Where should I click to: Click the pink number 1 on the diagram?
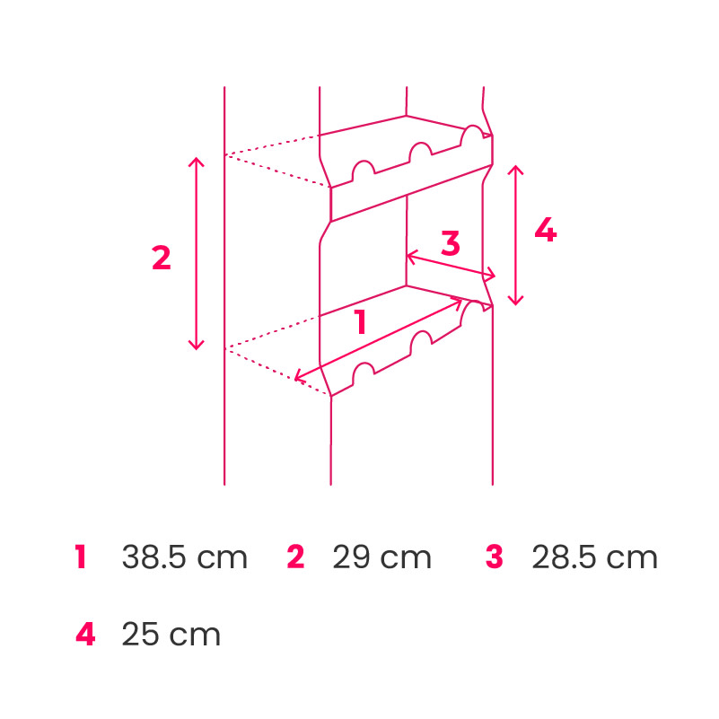[x=360, y=322]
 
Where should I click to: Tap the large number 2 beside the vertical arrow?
[x=161, y=259]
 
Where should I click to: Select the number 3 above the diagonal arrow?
[x=451, y=242]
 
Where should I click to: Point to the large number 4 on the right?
[x=545, y=231]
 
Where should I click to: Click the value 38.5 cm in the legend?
[x=184, y=557]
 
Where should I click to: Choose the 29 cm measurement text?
[x=381, y=557]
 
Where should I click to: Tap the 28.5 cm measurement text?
[x=594, y=557]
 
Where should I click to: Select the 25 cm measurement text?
[x=171, y=635]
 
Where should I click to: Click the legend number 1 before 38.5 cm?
[x=81, y=557]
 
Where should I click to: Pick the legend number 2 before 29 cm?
[x=296, y=557]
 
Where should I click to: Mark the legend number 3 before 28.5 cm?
[x=495, y=557]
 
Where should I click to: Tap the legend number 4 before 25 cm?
[x=85, y=635]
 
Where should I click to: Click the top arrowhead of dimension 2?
[x=197, y=160]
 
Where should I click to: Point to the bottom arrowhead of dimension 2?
[x=197, y=346]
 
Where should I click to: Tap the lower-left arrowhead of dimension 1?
[x=299, y=377]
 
